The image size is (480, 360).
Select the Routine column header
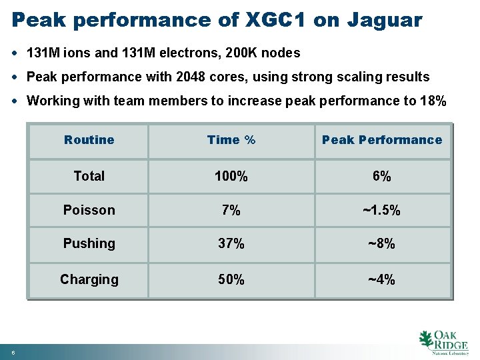(89, 140)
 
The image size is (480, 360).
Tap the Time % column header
(231, 140)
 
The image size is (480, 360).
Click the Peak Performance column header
(382, 140)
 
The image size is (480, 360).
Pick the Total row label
(89, 176)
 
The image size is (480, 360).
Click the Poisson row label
(89, 210)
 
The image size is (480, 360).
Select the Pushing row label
(89, 244)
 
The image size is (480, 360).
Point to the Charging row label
(89, 279)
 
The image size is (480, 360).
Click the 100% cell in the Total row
(231, 177)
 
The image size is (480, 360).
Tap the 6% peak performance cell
(382, 177)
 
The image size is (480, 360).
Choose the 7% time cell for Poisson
(231, 211)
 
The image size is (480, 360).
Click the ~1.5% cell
(382, 211)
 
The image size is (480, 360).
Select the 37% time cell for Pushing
(231, 244)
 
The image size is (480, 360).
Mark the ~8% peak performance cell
(382, 244)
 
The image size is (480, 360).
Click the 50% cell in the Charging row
(231, 280)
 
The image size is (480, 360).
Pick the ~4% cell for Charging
(382, 280)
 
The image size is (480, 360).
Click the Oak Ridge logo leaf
(426, 339)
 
